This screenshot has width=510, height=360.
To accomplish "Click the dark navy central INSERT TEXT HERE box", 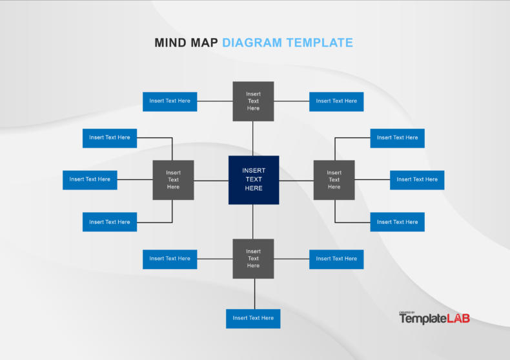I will click(x=254, y=180).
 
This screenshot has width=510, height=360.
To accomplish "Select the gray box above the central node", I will click(x=253, y=101).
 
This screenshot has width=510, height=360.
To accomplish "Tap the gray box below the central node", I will click(x=253, y=259).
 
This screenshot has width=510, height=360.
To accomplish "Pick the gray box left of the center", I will click(x=173, y=180).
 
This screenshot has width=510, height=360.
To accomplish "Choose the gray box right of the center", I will click(x=334, y=180).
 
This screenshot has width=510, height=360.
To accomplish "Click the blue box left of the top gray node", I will click(x=170, y=101).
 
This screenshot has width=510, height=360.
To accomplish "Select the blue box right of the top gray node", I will click(x=336, y=101).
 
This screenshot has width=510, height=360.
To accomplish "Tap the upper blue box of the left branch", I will click(x=110, y=138).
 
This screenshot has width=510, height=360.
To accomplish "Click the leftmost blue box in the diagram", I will click(x=90, y=180).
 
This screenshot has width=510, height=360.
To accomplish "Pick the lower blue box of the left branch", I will click(x=110, y=222).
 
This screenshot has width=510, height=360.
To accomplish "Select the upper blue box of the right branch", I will click(x=397, y=138).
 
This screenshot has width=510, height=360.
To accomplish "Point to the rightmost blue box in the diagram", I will click(x=417, y=180).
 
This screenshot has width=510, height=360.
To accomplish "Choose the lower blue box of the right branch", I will click(x=397, y=222).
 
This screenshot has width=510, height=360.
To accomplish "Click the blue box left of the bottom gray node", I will click(x=170, y=259).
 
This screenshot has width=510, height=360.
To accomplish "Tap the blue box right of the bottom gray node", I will click(x=336, y=259).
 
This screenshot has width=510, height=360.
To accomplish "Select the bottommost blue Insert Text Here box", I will click(x=253, y=318).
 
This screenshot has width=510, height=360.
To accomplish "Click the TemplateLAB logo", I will click(x=434, y=318).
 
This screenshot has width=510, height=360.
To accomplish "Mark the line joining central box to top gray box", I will click(x=253, y=139).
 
